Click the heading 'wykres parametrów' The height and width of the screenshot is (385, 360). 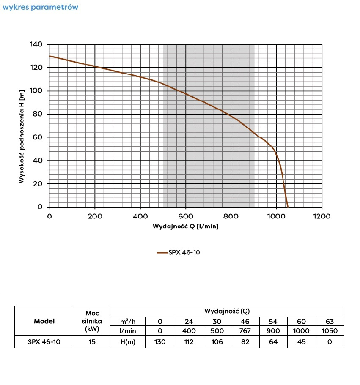tap(40, 7)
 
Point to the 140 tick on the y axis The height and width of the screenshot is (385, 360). tap(37, 44)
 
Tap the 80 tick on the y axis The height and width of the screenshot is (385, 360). tap(38, 114)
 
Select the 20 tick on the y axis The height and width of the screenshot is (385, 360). tap(38, 184)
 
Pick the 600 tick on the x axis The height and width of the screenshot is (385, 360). tap(186, 216)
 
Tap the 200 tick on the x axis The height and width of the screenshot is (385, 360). tap(95, 216)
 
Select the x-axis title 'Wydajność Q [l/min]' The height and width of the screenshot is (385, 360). tap(186, 226)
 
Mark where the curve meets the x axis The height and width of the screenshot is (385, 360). tap(288, 207)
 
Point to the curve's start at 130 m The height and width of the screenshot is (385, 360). tap(50, 56)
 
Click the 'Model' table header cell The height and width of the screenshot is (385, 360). tap(44, 321)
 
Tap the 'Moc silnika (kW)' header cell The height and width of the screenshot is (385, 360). tap(92, 321)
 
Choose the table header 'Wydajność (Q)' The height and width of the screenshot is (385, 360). tap(227, 311)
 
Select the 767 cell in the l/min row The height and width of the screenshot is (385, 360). tap(245, 331)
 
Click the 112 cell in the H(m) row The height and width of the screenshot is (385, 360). tap(189, 342)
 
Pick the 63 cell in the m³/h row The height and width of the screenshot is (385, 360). tap(330, 321)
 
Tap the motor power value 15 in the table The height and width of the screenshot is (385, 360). tap(92, 342)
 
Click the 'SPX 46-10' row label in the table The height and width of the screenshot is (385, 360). tap(44, 342)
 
